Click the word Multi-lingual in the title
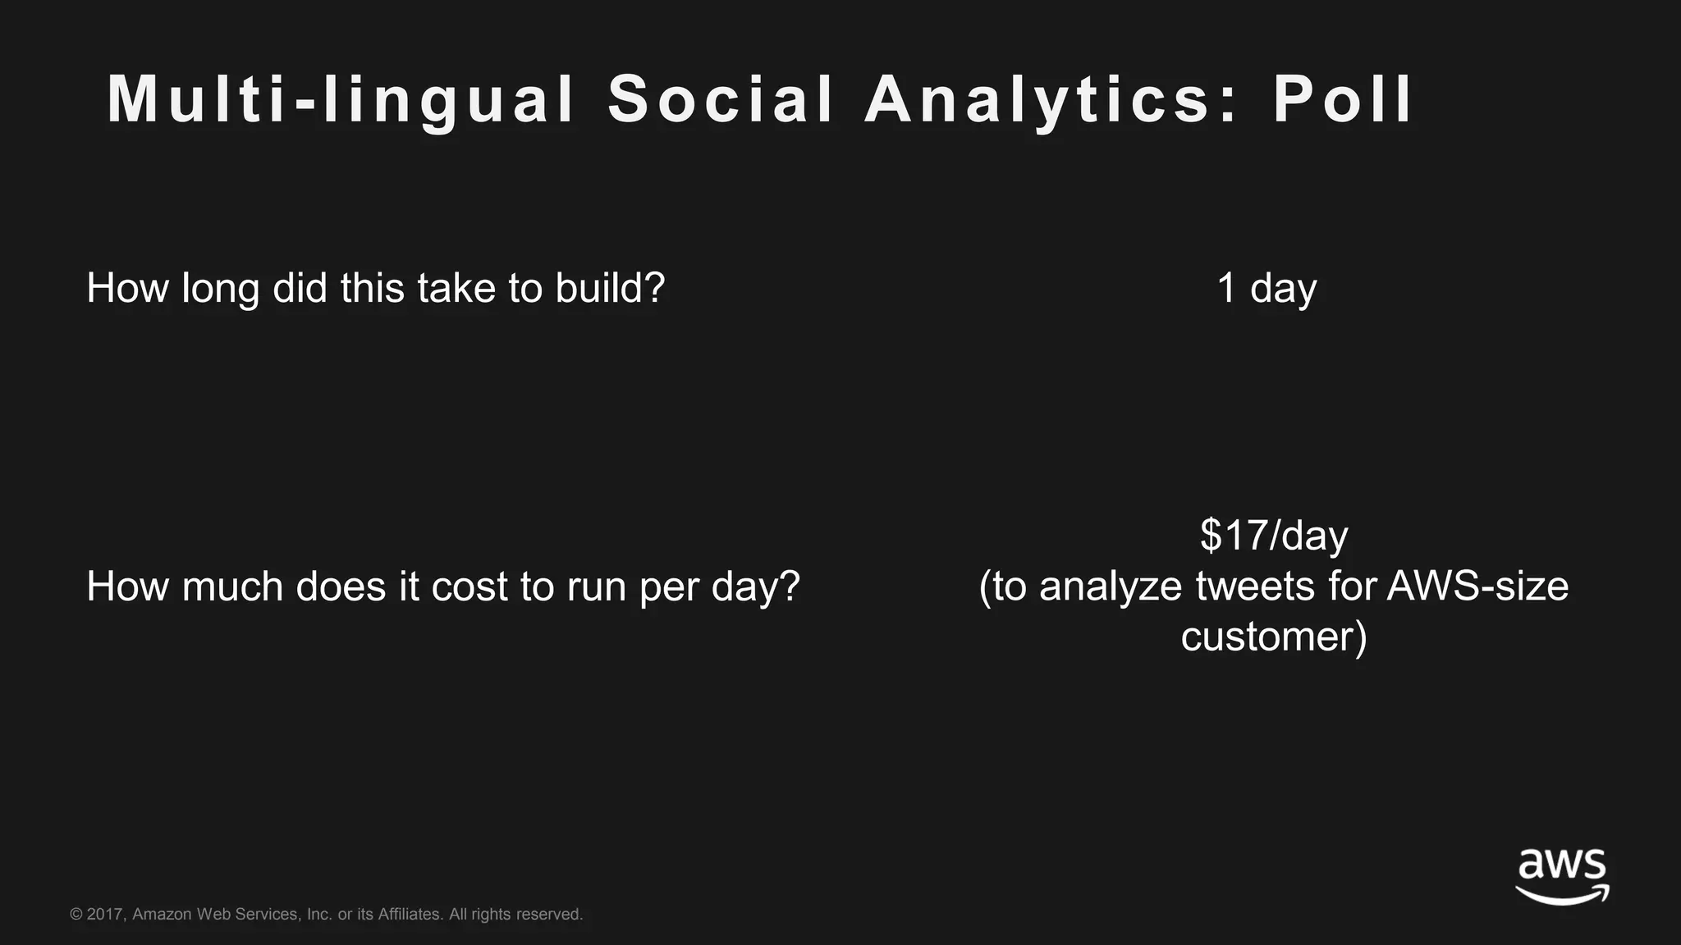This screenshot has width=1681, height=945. point(341,100)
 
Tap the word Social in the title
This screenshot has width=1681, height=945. point(721,100)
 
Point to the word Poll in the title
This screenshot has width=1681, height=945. point(1343,100)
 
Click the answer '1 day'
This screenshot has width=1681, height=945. point(1266,288)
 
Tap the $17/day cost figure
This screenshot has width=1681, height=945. point(1274,536)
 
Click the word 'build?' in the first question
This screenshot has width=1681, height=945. point(610,288)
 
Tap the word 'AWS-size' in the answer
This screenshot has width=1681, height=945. point(1477,587)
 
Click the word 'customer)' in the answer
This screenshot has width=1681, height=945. point(1274,637)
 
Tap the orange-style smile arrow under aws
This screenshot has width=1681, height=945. point(1562,895)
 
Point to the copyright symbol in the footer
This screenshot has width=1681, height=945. point(76,914)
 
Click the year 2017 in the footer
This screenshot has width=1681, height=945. point(105,914)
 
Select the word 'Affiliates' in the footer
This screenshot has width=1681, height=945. point(410,914)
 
